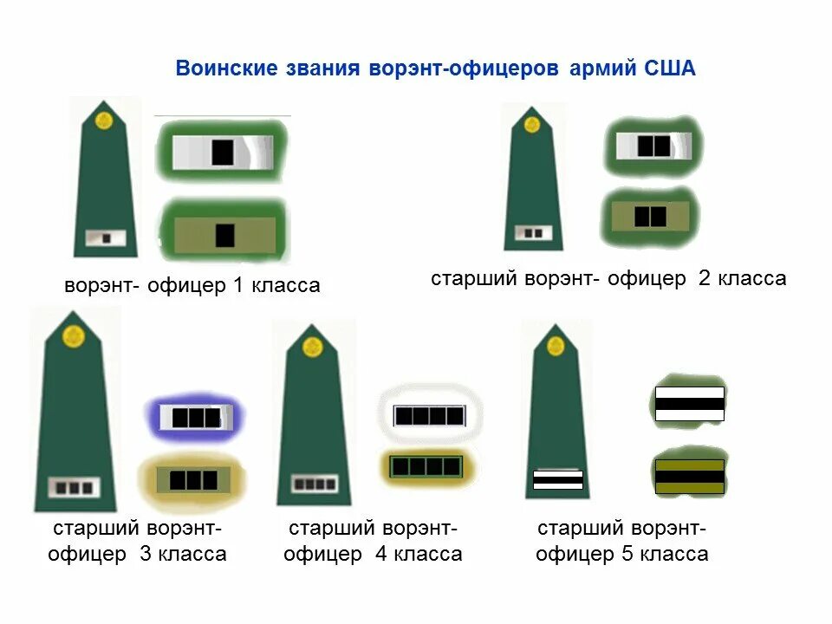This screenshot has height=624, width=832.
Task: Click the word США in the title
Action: [x=670, y=68]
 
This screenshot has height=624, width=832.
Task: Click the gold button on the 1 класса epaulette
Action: [x=105, y=120]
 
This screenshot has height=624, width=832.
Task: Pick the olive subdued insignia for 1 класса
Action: [x=224, y=234]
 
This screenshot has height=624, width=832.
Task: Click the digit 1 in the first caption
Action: [x=238, y=285]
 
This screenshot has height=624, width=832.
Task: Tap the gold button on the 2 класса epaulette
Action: [x=532, y=125]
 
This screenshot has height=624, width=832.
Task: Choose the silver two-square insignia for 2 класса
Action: [x=653, y=146]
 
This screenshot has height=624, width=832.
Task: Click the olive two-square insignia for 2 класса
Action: [x=650, y=216]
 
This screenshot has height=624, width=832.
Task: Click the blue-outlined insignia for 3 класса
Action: [x=195, y=418]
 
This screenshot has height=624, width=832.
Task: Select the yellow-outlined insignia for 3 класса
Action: [x=192, y=479]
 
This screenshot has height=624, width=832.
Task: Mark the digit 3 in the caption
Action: [x=146, y=555]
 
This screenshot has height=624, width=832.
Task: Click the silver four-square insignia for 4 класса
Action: [x=429, y=416]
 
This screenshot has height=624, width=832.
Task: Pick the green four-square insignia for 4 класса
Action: [x=426, y=466]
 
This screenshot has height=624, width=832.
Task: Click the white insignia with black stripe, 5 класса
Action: [x=689, y=404]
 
